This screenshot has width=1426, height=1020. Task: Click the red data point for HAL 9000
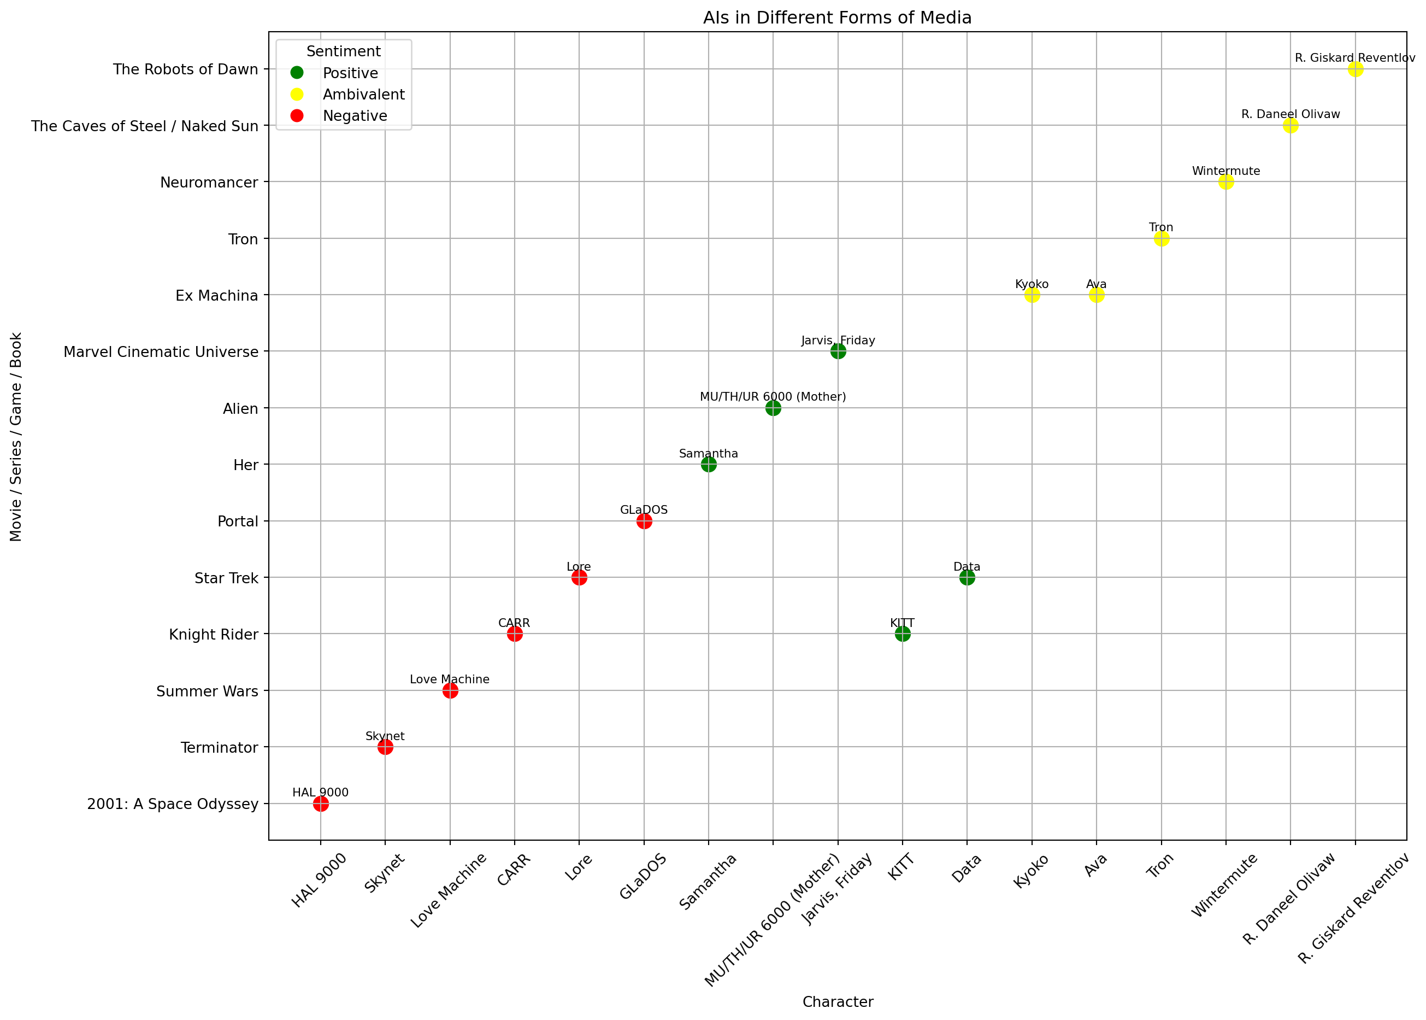click(x=321, y=804)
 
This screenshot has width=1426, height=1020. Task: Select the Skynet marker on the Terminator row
click(x=385, y=747)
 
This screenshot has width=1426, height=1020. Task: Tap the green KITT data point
click(x=903, y=634)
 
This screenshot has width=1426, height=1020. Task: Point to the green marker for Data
click(x=967, y=577)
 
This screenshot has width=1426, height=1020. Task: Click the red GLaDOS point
click(x=644, y=521)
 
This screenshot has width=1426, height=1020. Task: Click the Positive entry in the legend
click(x=350, y=73)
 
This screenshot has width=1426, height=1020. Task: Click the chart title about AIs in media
click(x=837, y=17)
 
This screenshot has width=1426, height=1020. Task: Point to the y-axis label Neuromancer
click(x=209, y=183)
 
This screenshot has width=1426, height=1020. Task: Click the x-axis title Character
click(x=837, y=1002)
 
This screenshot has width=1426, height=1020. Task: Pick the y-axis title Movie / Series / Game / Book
click(x=16, y=437)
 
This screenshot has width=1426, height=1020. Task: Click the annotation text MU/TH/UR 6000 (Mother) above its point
click(x=773, y=397)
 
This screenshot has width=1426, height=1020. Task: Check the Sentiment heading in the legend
click(x=343, y=51)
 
